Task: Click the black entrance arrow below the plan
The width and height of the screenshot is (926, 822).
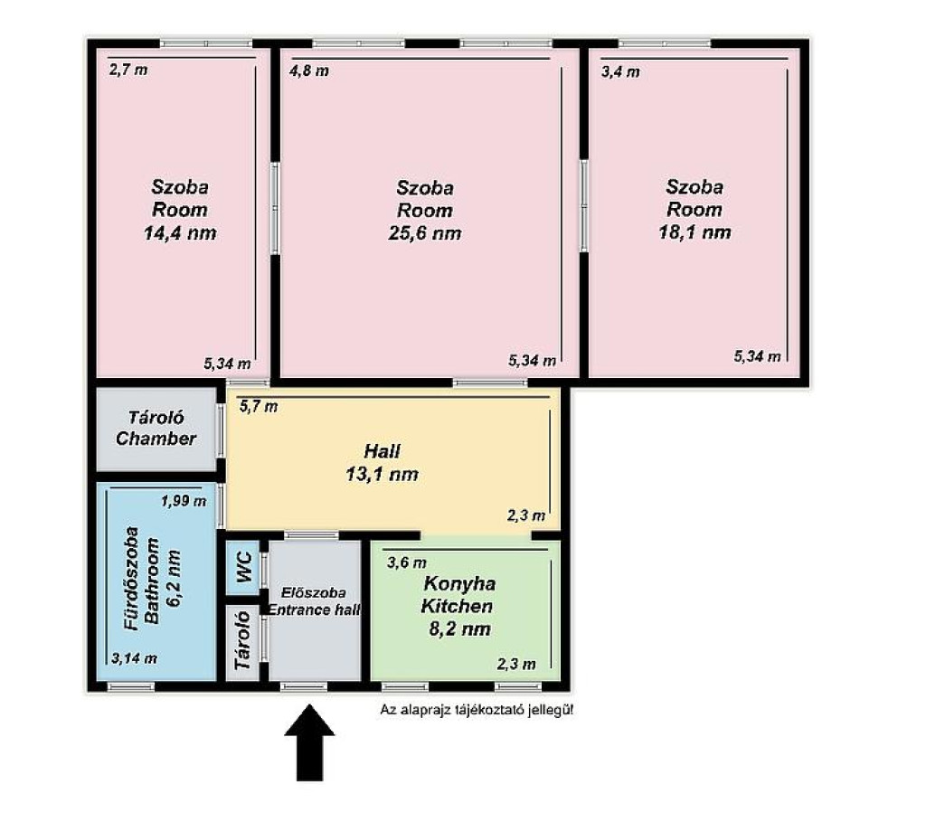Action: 309,742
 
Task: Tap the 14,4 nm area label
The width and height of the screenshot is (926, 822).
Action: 180,232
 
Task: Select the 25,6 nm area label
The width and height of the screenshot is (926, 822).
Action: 425,233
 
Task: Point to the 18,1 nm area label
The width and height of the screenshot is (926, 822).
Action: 695,232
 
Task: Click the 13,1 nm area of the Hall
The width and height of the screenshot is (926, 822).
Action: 383,474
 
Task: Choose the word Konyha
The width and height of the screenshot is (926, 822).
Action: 459,584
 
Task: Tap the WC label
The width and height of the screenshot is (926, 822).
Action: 244,568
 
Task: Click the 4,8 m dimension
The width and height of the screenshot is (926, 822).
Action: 309,71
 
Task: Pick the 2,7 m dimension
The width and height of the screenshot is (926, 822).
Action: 128,70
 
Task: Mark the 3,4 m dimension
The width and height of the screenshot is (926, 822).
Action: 620,72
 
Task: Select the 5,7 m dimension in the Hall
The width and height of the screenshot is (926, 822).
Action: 258,406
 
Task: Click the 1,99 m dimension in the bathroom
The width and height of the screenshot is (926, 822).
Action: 184,501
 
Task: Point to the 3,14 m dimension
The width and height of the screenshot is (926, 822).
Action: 134,658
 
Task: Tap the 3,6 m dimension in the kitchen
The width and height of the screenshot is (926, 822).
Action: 407,562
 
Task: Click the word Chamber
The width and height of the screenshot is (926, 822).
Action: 156,439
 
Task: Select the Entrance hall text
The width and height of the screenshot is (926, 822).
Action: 314,610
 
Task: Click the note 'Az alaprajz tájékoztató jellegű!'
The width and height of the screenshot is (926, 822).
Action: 477,710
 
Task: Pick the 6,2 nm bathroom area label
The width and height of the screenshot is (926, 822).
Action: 174,579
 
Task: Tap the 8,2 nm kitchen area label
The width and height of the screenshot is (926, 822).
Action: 459,628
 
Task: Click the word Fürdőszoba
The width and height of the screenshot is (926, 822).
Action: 132,579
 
